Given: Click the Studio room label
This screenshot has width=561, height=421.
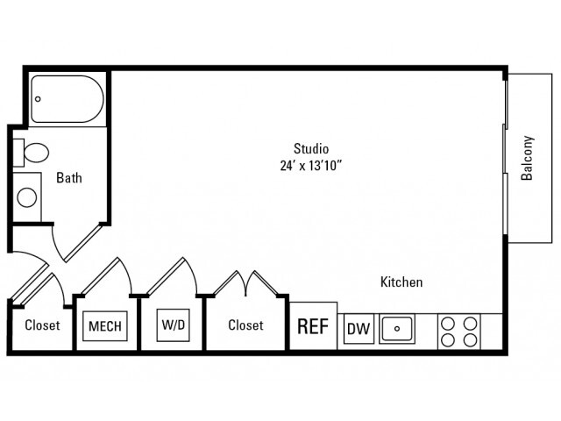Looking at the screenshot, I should pyautogui.click(x=310, y=147).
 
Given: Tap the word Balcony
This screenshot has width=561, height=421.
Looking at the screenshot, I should pyautogui.click(x=528, y=158).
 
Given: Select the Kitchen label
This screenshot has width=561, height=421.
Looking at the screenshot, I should pyautogui.click(x=401, y=282).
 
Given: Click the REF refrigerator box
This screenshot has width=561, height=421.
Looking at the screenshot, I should pyautogui.click(x=313, y=326).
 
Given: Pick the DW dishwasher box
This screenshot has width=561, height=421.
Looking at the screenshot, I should pyautogui.click(x=358, y=329).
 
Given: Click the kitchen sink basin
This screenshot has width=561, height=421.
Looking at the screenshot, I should pyautogui.click(x=397, y=329).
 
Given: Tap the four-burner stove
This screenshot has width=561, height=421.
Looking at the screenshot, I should pyautogui.click(x=459, y=330).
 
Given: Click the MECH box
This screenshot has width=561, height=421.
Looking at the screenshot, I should pyautogui.click(x=104, y=326).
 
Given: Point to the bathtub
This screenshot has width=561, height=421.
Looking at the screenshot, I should pyautogui.click(x=67, y=100).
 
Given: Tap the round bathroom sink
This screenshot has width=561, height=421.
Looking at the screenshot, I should pyautogui.click(x=27, y=196).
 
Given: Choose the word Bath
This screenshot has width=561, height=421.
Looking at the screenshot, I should pyautogui.click(x=69, y=178).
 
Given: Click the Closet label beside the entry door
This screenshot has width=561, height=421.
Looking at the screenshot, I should pyautogui.click(x=42, y=325).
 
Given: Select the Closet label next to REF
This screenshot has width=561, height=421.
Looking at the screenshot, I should pyautogui.click(x=245, y=325).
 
